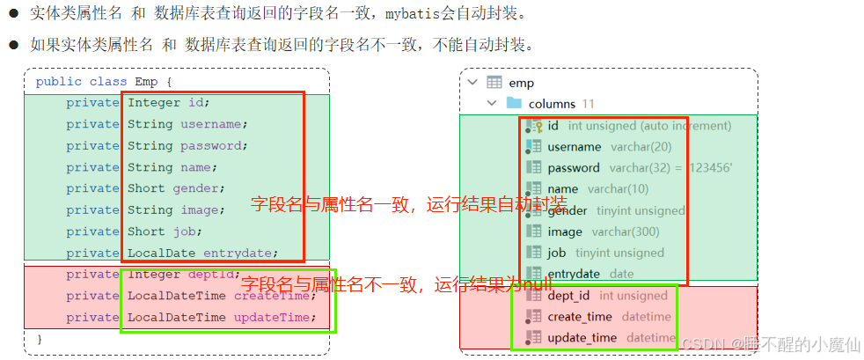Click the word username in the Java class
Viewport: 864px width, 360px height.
click(x=214, y=124)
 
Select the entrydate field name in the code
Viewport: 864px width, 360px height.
click(x=243, y=253)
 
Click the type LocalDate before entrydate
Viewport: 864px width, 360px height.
click(x=162, y=253)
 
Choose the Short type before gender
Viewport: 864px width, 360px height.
click(x=145, y=188)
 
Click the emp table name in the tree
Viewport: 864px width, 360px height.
click(x=521, y=83)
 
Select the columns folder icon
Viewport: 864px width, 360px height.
click(x=514, y=104)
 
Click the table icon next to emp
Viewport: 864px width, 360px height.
click(x=494, y=83)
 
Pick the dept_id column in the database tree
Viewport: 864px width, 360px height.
click(x=568, y=296)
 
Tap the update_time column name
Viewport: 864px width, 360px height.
click(x=582, y=338)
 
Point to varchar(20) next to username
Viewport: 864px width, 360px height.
click(x=640, y=147)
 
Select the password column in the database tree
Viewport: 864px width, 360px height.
click(x=574, y=168)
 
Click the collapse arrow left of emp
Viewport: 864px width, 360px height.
click(x=472, y=83)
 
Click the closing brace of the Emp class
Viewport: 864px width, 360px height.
click(x=39, y=339)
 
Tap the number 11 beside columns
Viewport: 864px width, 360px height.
click(x=589, y=104)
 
